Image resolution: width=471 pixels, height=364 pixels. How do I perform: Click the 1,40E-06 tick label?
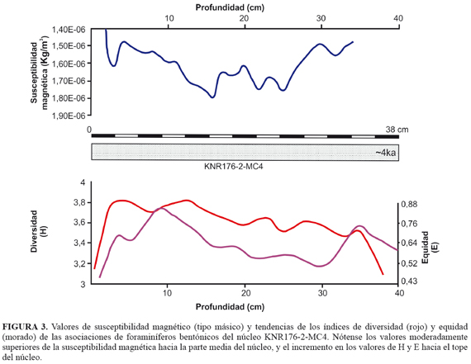click(x=69, y=30)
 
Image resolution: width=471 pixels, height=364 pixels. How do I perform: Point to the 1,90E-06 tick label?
click(x=69, y=116)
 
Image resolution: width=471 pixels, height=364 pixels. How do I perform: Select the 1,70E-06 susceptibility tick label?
click(x=69, y=81)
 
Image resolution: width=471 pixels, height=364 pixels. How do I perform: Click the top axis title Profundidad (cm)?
click(x=230, y=7)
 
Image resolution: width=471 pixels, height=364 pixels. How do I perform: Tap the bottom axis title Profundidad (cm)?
click(x=230, y=307)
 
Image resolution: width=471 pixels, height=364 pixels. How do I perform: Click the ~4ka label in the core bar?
click(x=385, y=153)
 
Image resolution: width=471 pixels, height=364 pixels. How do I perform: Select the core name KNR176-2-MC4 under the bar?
click(x=233, y=166)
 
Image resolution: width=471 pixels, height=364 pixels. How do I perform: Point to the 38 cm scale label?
click(x=397, y=130)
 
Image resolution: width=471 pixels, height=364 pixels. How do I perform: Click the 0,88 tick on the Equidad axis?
click(x=409, y=204)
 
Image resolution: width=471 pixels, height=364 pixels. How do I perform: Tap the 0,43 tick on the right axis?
click(x=409, y=281)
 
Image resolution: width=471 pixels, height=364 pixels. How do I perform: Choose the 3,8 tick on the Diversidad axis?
click(x=79, y=203)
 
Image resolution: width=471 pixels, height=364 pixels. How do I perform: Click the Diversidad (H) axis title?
click(x=40, y=231)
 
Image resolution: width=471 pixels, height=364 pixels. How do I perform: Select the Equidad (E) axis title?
click(x=430, y=248)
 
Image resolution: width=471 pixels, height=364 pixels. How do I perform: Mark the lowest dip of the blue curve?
click(x=212, y=97)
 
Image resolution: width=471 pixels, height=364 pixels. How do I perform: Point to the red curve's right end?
click(x=383, y=274)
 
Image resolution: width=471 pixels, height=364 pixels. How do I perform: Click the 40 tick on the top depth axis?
click(x=398, y=18)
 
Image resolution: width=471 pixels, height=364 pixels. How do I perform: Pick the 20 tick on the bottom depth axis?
click(x=245, y=292)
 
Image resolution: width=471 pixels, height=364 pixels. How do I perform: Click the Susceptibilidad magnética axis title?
click(x=40, y=73)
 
